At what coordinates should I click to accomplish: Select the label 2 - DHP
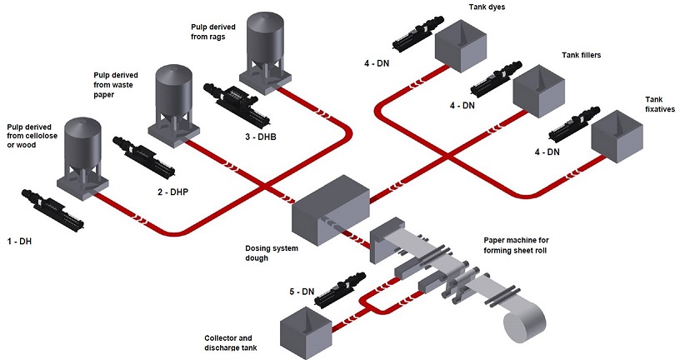pyautogui.click(x=173, y=192)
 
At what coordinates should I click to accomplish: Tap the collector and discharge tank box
pyautogui.click(x=306, y=327)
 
